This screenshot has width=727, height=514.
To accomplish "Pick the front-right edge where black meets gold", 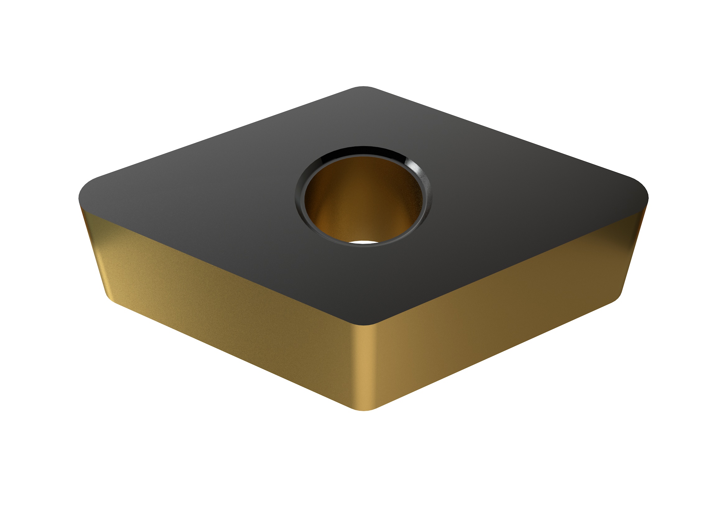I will click(x=507, y=264).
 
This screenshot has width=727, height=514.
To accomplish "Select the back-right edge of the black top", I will click(x=507, y=135).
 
